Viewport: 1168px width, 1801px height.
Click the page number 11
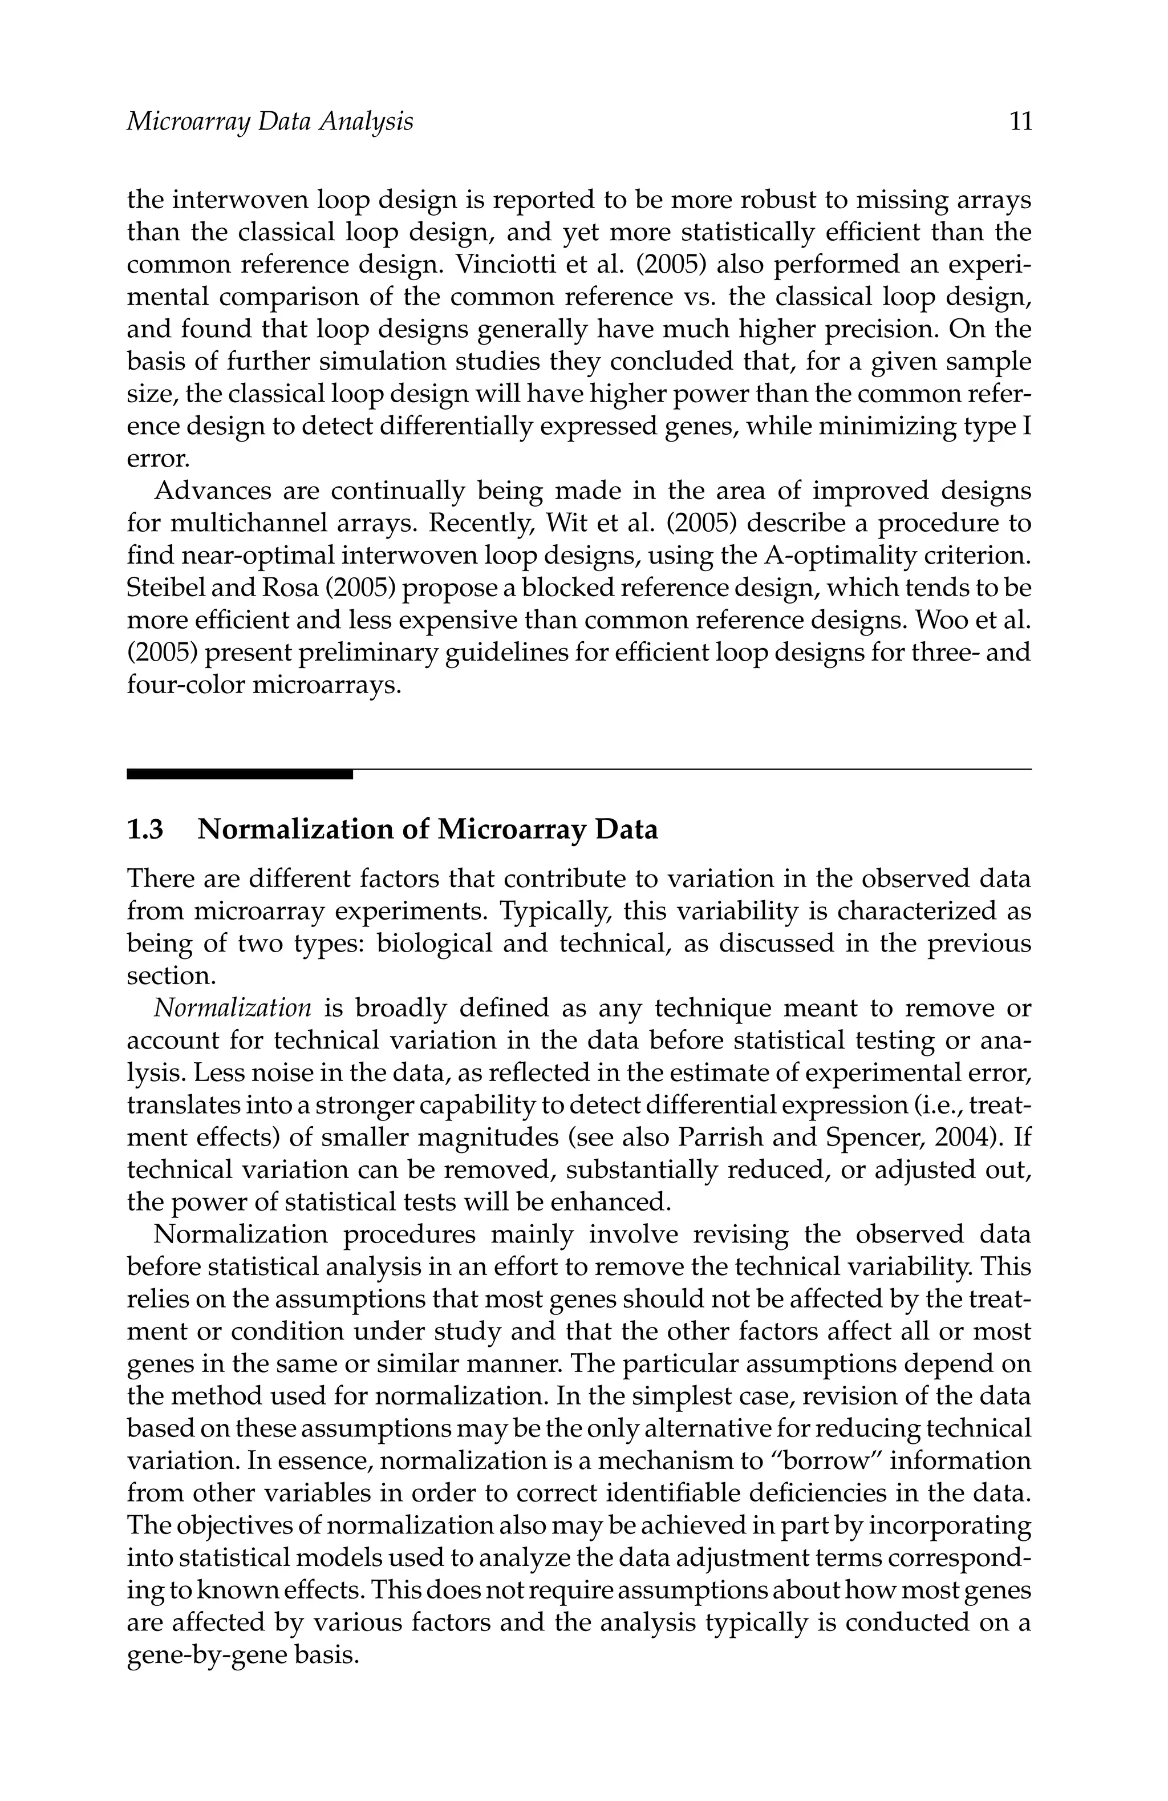[1020, 122]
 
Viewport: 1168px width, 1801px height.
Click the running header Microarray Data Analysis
[269, 122]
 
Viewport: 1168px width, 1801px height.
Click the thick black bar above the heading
[239, 774]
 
